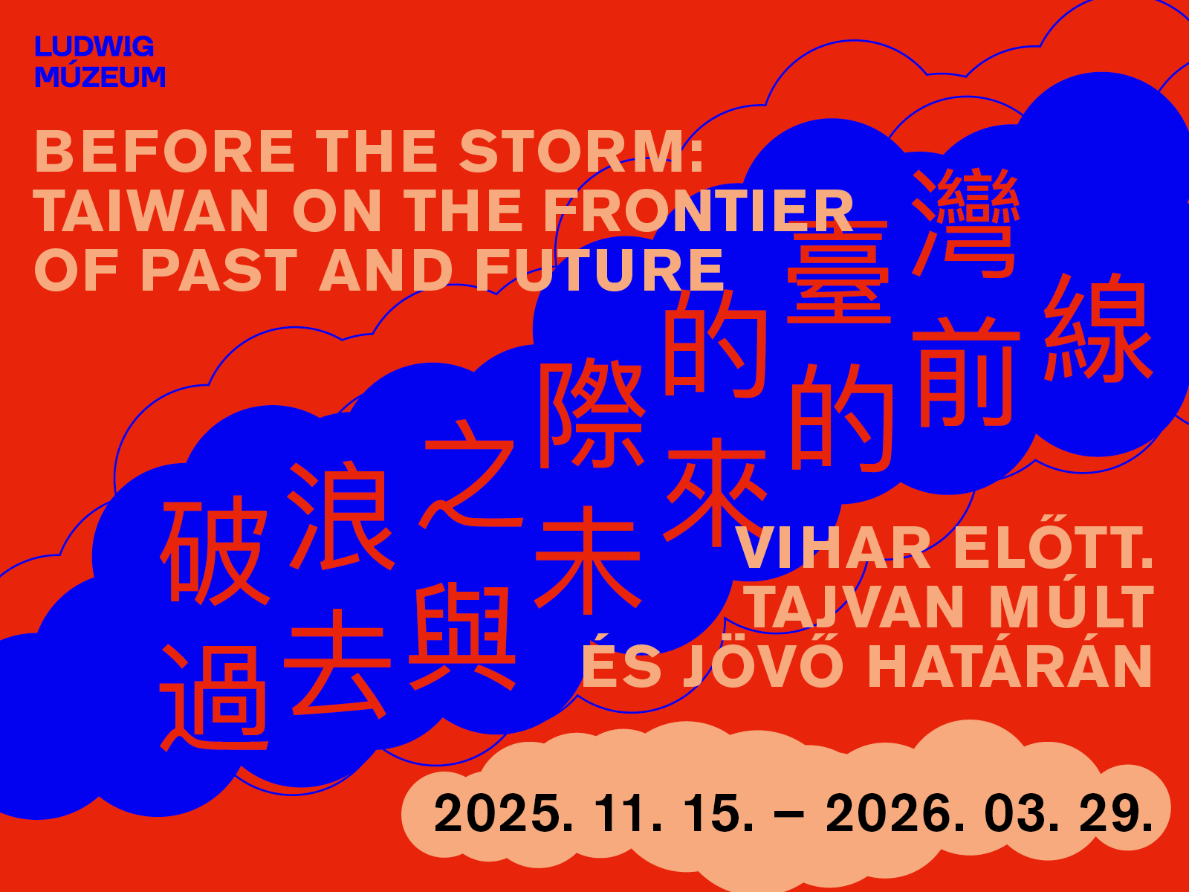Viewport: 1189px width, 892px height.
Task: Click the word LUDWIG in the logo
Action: pyautogui.click(x=94, y=47)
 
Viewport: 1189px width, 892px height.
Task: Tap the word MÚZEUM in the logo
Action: pyautogui.click(x=100, y=75)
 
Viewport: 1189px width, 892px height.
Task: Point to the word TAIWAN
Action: pyautogui.click(x=151, y=210)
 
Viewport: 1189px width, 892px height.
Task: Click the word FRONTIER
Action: pyautogui.click(x=699, y=210)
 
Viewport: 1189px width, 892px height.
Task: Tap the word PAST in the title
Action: pyautogui.click(x=218, y=271)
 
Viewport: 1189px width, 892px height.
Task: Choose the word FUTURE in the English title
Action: pyautogui.click(x=600, y=271)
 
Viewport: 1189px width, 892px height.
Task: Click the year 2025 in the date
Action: pyautogui.click(x=505, y=813)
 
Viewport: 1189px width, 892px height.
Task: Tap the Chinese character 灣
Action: pyautogui.click(x=965, y=223)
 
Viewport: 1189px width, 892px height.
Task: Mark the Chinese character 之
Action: pyautogui.click(x=470, y=474)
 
